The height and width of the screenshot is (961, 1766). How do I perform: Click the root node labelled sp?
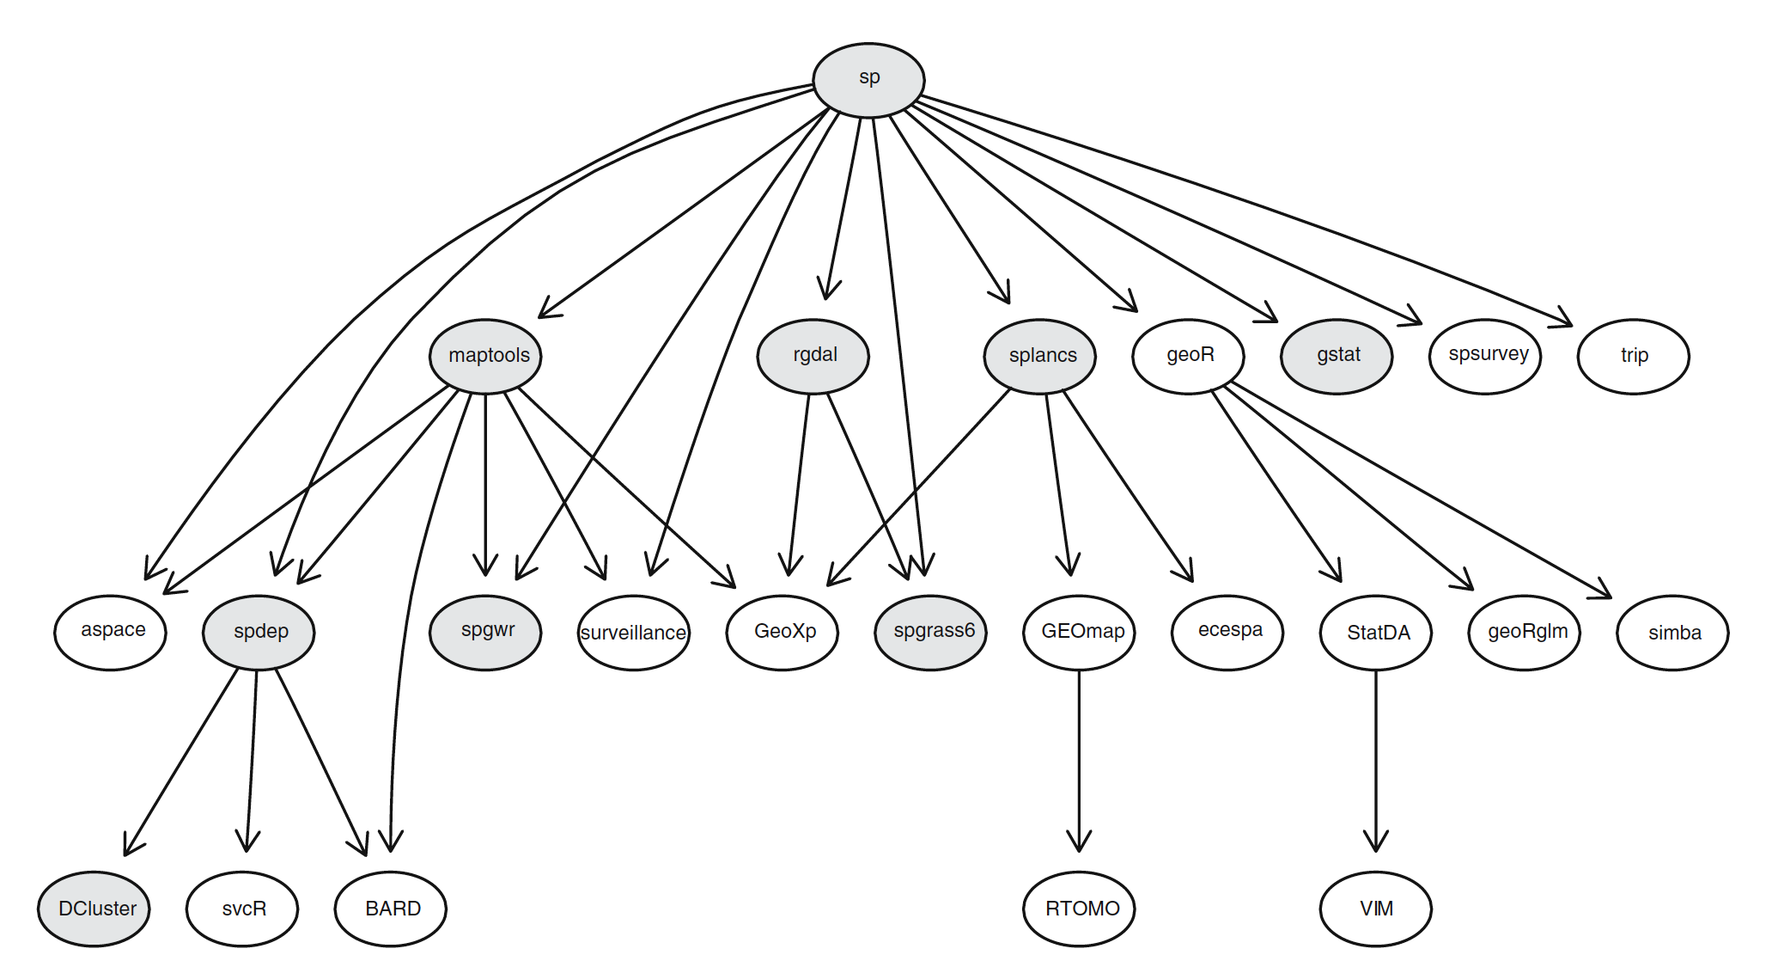tap(868, 80)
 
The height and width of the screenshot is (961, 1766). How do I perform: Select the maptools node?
tap(485, 356)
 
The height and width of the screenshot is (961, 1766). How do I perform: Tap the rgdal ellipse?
tap(813, 356)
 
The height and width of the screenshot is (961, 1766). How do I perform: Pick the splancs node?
tap(1039, 356)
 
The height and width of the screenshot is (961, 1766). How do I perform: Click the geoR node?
tap(1188, 356)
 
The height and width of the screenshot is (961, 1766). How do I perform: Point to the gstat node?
tap(1337, 356)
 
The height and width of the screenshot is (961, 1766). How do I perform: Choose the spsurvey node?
tap(1485, 356)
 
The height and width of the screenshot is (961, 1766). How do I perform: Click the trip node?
tap(1633, 356)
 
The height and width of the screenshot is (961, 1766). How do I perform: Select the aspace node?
tap(110, 632)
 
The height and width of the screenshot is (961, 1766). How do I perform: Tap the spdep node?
tap(259, 632)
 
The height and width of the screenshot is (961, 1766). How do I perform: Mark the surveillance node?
tap(634, 633)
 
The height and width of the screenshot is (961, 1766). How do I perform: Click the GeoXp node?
tap(783, 632)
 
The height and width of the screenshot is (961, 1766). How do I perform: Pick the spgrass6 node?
tap(930, 632)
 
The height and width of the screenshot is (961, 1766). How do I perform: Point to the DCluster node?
tap(94, 909)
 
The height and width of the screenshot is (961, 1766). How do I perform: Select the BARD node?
tap(391, 909)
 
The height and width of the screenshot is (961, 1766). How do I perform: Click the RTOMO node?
tap(1079, 909)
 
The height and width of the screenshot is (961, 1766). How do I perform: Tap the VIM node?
tap(1375, 909)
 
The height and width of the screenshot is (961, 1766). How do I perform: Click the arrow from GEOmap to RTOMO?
tap(1079, 756)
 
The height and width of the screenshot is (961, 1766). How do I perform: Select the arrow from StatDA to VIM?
tap(1375, 756)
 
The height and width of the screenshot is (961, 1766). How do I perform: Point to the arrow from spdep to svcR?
tap(252, 756)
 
